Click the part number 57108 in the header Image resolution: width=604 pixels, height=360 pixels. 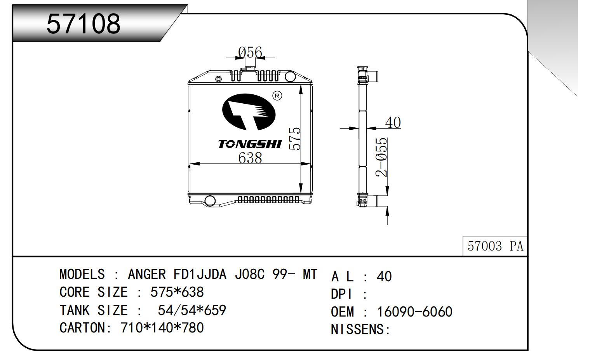pos(84,23)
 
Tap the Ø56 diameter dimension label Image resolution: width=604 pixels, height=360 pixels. pos(250,52)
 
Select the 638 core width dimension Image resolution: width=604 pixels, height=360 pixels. pos(250,158)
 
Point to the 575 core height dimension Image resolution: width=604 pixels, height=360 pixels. pos(295,139)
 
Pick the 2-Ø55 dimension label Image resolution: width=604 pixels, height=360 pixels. pos(381,157)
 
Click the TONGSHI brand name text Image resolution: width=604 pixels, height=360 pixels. pos(250,144)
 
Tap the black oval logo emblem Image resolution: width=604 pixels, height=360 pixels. pos(249,112)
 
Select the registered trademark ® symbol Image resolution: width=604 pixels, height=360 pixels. pos(277,96)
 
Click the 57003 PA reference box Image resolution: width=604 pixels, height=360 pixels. pos(495,246)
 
